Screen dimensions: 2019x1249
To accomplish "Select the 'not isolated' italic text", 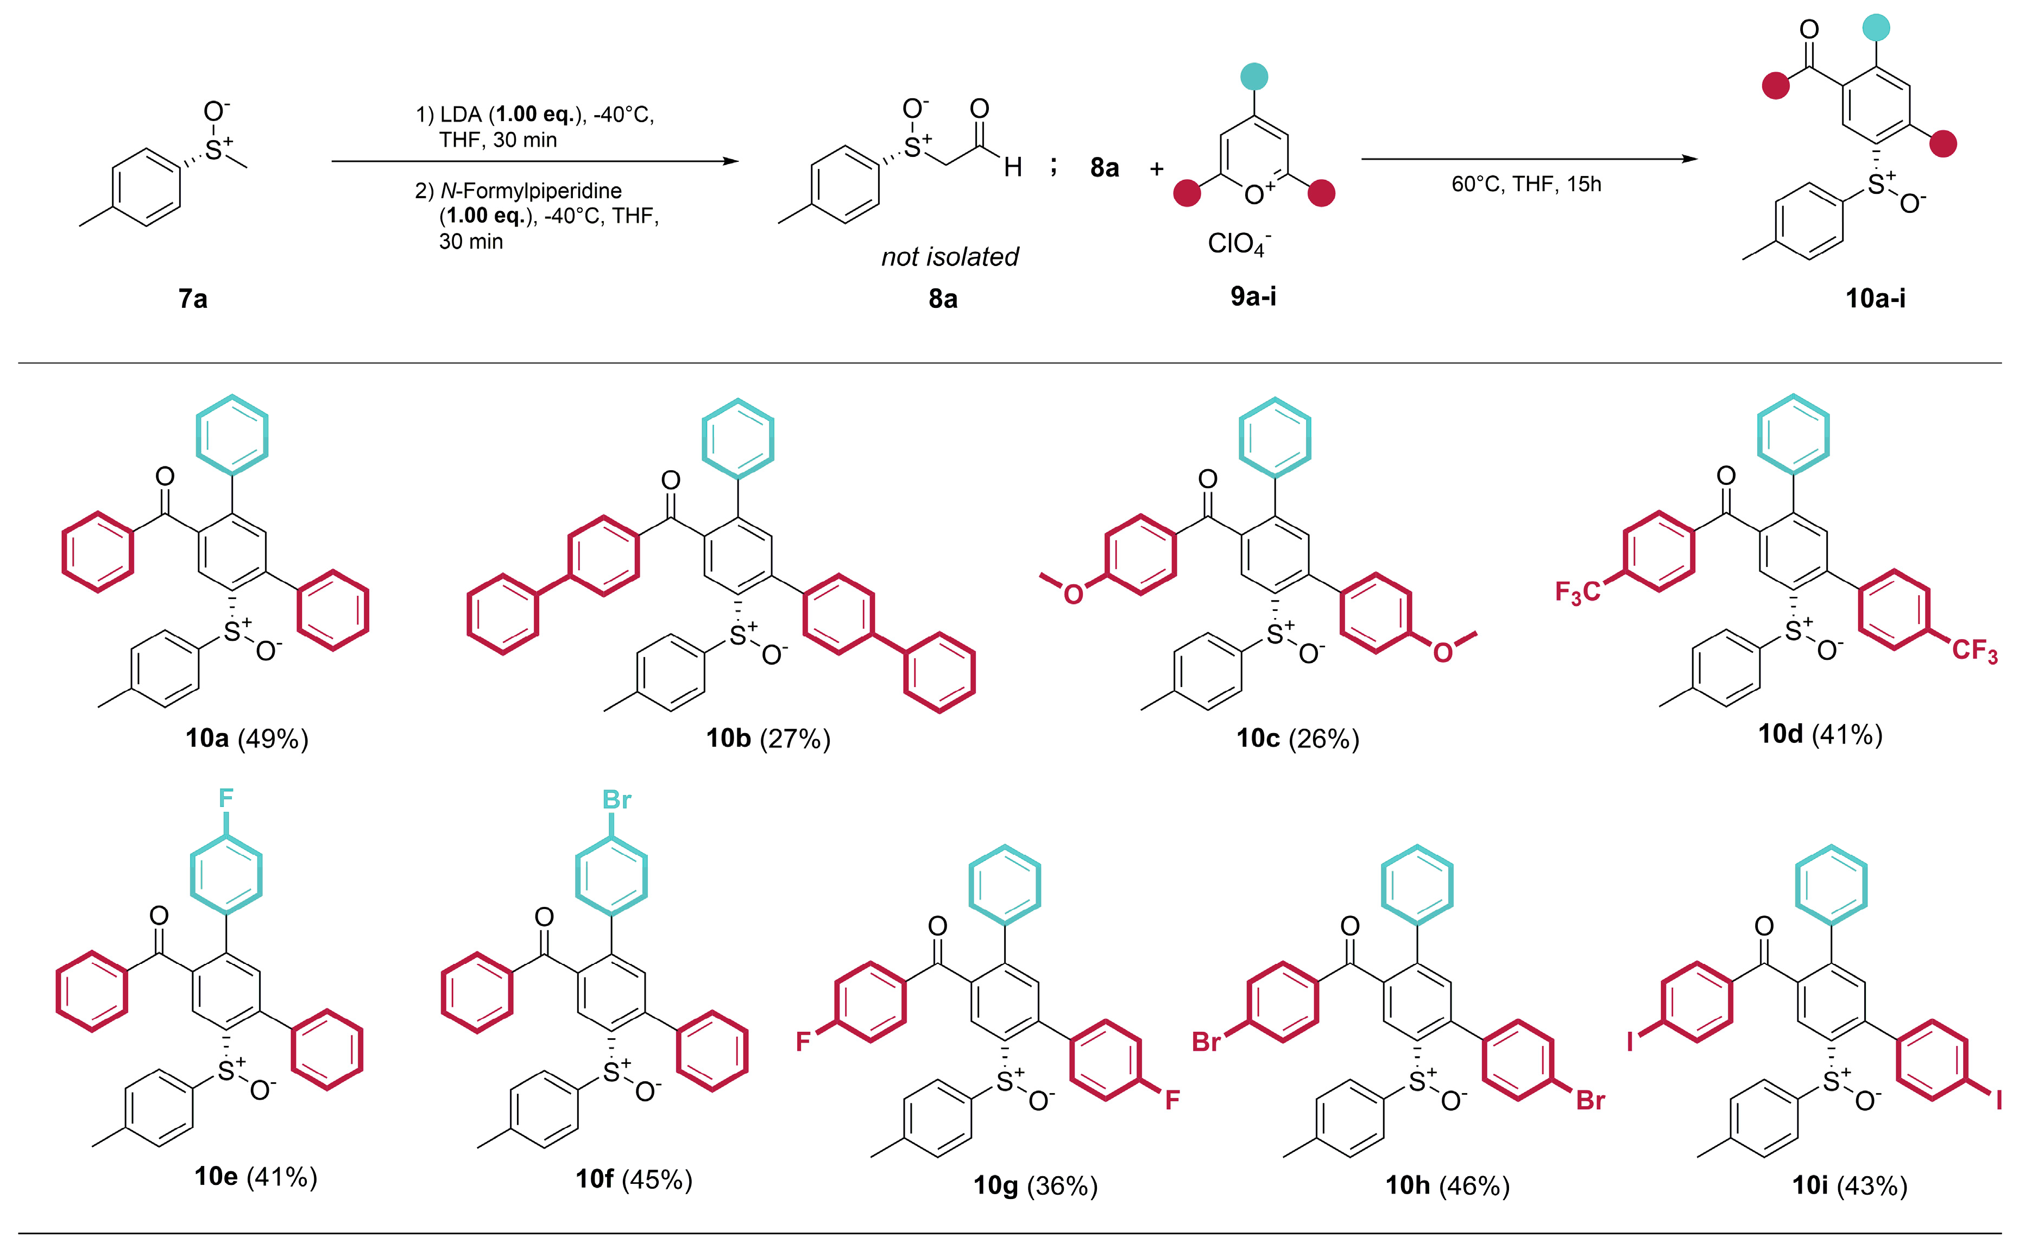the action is click(x=949, y=257).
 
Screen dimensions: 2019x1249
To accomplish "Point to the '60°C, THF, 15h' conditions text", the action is click(x=1526, y=184).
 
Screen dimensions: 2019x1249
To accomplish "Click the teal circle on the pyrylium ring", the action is click(x=1254, y=76).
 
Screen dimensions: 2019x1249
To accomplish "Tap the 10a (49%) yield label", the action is click(x=246, y=737).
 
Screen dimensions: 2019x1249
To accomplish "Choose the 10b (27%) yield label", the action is click(x=767, y=737).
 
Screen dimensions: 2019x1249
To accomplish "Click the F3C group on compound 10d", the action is click(x=1577, y=592).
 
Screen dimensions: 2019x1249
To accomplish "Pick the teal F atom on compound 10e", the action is click(x=225, y=798).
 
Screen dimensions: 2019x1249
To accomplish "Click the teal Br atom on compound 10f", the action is click(x=616, y=799).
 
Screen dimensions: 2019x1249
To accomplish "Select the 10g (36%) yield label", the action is click(x=1035, y=1185).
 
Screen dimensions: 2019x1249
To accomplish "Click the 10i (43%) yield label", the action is click(x=1849, y=1185).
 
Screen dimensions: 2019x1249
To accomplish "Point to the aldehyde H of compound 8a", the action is click(x=1013, y=168).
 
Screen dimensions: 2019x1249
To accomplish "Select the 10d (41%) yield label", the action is click(x=1820, y=734).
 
